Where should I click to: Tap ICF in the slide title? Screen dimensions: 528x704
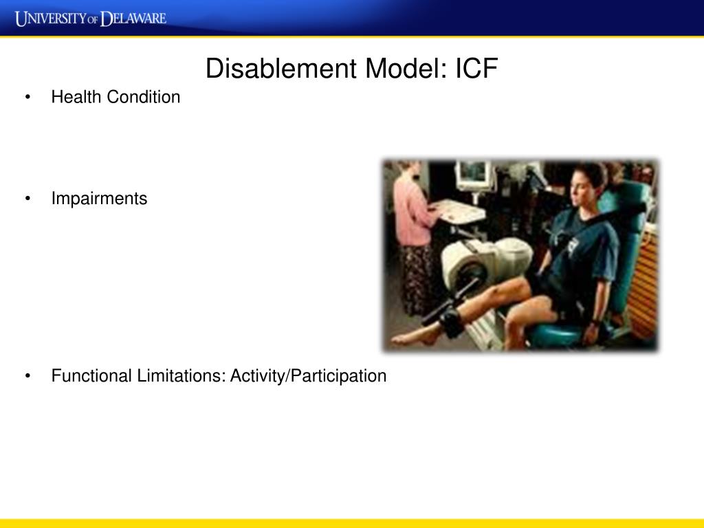(475, 69)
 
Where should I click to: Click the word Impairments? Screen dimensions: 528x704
(99, 199)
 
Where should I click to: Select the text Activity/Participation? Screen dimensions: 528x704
(309, 376)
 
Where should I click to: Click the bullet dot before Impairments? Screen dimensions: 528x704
(27, 199)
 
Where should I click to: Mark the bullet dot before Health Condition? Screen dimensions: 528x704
(27, 98)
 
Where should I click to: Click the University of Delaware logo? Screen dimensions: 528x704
(91, 18)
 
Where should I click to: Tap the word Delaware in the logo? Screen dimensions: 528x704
(134, 18)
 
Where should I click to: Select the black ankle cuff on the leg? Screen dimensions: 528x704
(453, 322)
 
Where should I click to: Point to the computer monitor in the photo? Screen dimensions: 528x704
(474, 176)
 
